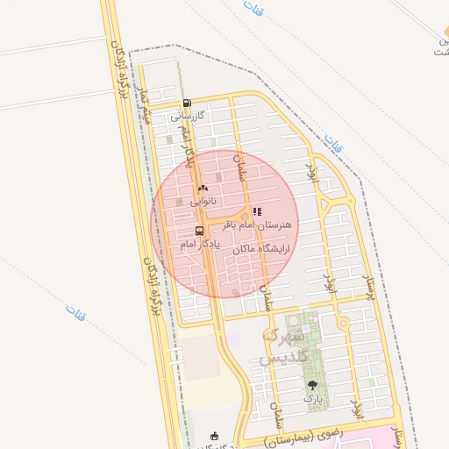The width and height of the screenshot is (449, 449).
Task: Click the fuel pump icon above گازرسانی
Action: (187, 103)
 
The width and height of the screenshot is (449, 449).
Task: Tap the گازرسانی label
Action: (187, 116)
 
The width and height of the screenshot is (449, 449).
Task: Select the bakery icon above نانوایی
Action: (203, 188)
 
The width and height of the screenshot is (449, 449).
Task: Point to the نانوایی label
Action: (203, 201)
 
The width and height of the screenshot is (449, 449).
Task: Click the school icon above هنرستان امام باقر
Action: (257, 211)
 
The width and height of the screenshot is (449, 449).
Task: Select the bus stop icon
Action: (200, 232)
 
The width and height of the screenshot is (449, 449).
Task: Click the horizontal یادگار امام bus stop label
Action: (200, 245)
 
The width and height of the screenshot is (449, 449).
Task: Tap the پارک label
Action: (313, 398)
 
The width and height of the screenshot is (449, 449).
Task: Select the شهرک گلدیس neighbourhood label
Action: (283, 347)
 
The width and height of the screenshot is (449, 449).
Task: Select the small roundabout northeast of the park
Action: (343, 324)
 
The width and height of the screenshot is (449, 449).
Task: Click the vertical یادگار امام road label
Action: (186, 145)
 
